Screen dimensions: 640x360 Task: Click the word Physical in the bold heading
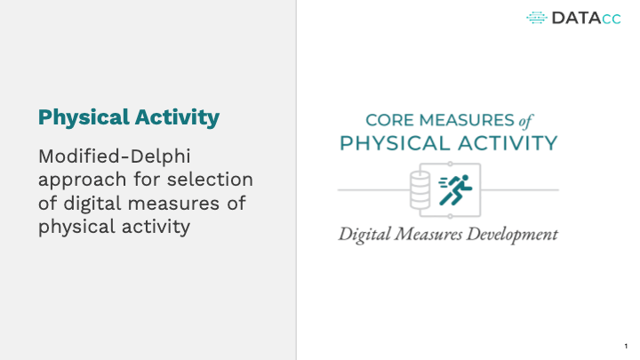click(x=84, y=118)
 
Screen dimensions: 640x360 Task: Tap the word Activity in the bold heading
click(x=177, y=117)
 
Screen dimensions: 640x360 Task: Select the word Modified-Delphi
click(x=115, y=156)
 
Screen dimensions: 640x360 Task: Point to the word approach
click(x=82, y=180)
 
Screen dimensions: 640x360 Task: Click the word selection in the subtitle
click(x=210, y=180)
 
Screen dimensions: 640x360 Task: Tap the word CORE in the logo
click(x=389, y=120)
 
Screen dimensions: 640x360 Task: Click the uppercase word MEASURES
click(x=467, y=120)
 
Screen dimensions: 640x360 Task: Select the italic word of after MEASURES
click(x=525, y=121)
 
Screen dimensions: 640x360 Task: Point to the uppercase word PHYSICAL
click(x=395, y=144)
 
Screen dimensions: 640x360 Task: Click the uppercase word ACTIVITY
click(x=508, y=144)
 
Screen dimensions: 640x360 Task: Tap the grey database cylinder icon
click(x=420, y=190)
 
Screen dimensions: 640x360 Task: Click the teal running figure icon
click(x=455, y=190)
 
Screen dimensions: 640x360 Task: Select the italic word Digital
click(x=364, y=235)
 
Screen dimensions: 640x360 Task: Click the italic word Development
click(x=512, y=235)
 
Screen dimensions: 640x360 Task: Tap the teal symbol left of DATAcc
click(x=537, y=18)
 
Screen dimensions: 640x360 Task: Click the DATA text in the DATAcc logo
click(x=576, y=18)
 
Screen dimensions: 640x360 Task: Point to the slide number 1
click(x=626, y=346)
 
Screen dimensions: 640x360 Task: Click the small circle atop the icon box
click(x=450, y=164)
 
